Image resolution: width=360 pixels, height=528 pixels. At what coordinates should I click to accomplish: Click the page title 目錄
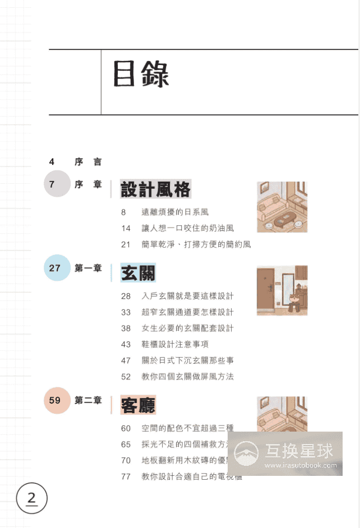(x=141, y=74)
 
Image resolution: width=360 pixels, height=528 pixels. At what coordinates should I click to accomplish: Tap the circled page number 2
(x=32, y=498)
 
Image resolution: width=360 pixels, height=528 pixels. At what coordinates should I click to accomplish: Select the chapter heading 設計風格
(x=156, y=189)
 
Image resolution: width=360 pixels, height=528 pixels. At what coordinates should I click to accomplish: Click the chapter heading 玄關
(x=138, y=273)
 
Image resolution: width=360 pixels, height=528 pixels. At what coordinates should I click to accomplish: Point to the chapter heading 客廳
(x=138, y=405)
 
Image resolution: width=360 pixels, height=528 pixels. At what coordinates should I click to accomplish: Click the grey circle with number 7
(x=57, y=184)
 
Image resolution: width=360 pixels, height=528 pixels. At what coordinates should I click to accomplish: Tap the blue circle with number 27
(x=57, y=268)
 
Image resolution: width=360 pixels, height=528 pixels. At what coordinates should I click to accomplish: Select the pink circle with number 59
(x=57, y=400)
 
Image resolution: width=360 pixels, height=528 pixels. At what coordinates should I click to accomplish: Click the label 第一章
(x=88, y=268)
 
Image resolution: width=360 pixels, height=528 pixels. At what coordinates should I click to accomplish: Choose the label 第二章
(x=88, y=400)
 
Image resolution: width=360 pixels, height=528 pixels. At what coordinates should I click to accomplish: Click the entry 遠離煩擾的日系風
(x=175, y=212)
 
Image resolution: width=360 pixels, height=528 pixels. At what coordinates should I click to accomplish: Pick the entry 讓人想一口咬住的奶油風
(x=187, y=228)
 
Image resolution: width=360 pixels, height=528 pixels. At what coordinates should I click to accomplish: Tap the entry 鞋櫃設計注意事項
(x=175, y=344)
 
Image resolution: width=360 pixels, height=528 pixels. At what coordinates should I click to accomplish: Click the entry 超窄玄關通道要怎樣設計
(x=187, y=312)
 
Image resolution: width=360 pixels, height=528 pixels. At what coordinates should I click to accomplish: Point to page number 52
(x=126, y=377)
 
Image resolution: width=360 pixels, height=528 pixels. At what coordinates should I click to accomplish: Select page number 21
(x=126, y=244)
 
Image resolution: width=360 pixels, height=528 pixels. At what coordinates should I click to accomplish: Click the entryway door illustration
(x=282, y=290)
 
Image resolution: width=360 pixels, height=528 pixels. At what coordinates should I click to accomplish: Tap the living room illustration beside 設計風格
(x=282, y=206)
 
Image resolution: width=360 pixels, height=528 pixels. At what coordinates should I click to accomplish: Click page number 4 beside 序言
(x=52, y=162)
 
